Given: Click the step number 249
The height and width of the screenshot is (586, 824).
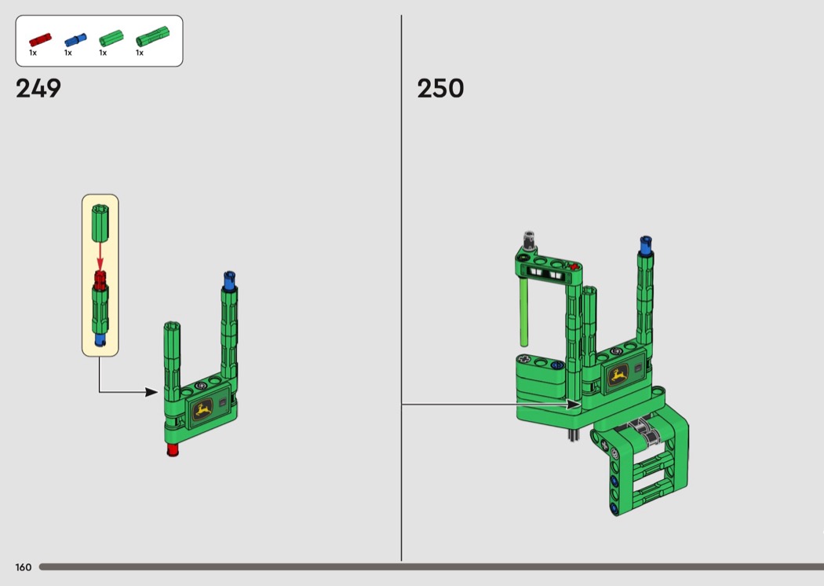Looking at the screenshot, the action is coord(38,89).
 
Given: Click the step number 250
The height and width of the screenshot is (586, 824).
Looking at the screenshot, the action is coord(440,89).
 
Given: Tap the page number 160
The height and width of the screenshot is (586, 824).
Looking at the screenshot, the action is coord(23,567).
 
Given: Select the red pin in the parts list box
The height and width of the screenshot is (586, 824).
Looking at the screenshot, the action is coord(40,39).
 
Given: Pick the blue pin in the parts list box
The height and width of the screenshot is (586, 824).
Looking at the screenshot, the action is coord(75,39).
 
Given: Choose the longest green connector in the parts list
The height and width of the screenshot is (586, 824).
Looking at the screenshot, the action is coord(152,37).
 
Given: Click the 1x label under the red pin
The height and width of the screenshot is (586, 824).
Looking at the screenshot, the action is coord(33,53).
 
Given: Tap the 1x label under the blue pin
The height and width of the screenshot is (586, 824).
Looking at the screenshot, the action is coord(67,53).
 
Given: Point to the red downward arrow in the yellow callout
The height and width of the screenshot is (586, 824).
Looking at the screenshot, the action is coord(100,256).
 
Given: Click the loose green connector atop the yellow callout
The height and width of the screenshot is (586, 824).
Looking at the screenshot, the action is coord(100,223).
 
